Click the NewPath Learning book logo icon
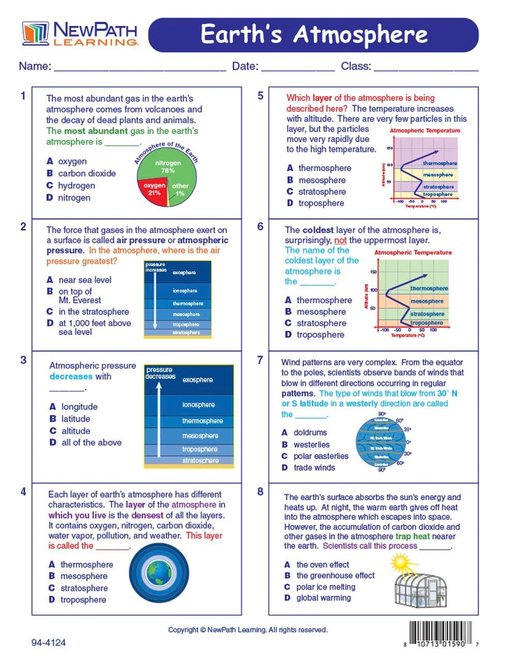pos(35,33)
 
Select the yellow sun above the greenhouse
pos(400,562)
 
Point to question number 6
pos(260,226)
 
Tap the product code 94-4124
pos(49,643)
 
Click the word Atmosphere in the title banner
pos(360,35)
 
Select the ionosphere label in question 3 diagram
pos(199,405)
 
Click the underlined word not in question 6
pos(340,240)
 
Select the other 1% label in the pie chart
pos(180,189)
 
